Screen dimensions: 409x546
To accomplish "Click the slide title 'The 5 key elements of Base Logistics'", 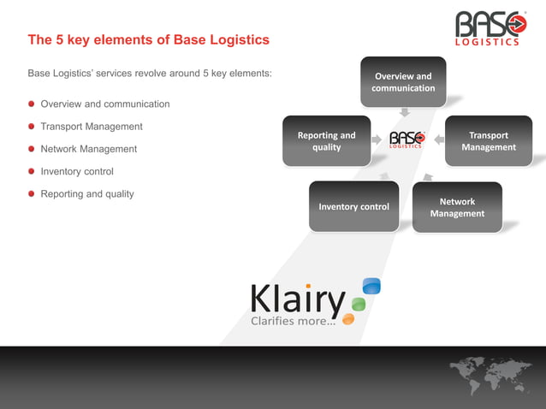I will tap(148, 40).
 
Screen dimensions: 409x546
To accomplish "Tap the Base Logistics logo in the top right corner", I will tap(490, 27).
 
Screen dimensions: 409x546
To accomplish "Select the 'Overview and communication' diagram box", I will tap(403, 82).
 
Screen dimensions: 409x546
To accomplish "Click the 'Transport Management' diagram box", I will tap(489, 141).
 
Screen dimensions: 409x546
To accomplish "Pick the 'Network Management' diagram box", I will tap(457, 207).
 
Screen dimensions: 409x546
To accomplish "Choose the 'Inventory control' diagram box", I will tap(353, 206).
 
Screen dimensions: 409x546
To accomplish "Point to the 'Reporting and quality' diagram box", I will tap(326, 141).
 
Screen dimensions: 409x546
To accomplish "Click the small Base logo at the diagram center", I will tap(407, 139).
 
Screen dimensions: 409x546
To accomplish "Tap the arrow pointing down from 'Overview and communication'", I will tap(405, 111).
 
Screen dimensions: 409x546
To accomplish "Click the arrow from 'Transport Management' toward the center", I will tap(437, 139).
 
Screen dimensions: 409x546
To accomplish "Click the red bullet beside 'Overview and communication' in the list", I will tap(32, 104).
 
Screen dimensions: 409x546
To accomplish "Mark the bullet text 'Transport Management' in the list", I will tap(92, 127).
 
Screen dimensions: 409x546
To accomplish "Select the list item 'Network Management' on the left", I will tap(88, 149).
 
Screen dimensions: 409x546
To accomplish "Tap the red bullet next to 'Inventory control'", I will tap(32, 172).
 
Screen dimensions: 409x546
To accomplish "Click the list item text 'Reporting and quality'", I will tap(87, 194).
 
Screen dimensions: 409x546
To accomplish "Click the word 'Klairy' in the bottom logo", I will tap(297, 299).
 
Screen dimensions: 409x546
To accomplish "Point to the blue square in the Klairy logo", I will tap(371, 286).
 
